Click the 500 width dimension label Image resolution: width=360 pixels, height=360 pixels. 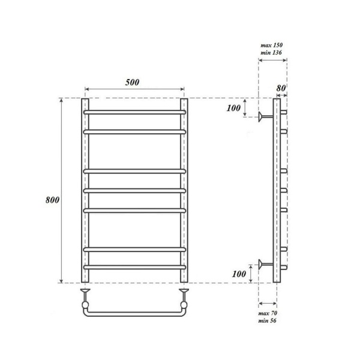pyautogui.click(x=132, y=82)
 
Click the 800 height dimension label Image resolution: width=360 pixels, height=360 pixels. pyautogui.click(x=52, y=200)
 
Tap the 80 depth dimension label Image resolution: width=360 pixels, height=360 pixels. pyautogui.click(x=281, y=88)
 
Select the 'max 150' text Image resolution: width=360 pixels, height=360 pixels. pyautogui.click(x=271, y=45)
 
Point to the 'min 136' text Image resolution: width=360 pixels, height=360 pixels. pyautogui.click(x=271, y=53)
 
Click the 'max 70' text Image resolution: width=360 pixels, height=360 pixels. pyautogui.click(x=268, y=313)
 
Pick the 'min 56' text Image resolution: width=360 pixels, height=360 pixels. pyautogui.click(x=267, y=320)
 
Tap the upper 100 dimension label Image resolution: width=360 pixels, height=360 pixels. pyautogui.click(x=233, y=108)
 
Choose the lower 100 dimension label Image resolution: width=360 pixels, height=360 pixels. pyautogui.click(x=239, y=274)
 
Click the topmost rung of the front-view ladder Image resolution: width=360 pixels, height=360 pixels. pyautogui.click(x=134, y=112)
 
